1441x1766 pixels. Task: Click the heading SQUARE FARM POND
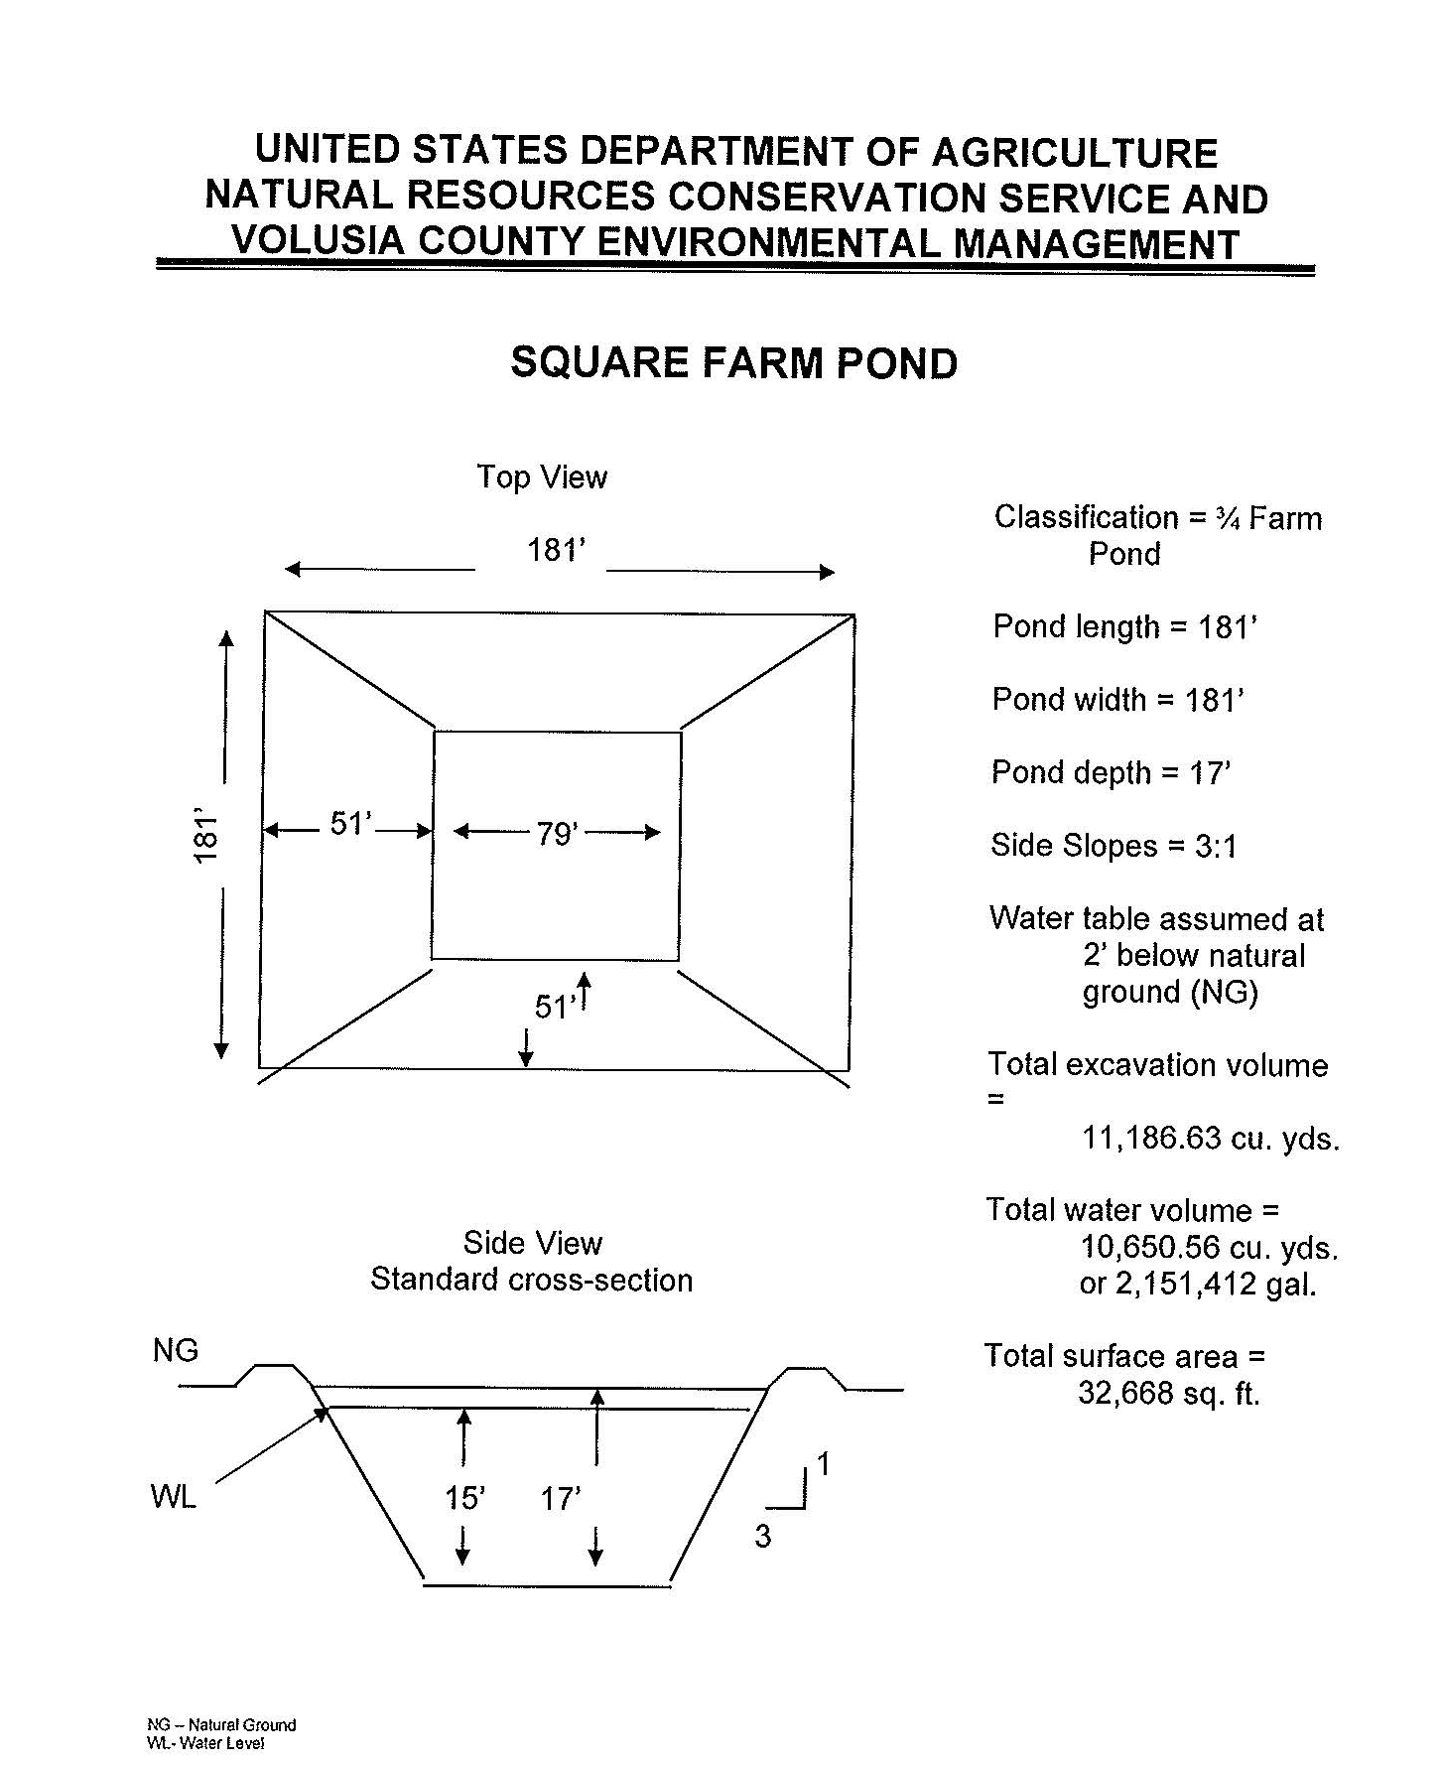tap(733, 363)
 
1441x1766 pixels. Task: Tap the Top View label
tap(541, 477)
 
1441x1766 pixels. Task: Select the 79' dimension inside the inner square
tap(557, 834)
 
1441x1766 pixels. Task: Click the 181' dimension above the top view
tap(557, 550)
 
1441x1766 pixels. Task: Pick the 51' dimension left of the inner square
tap(350, 824)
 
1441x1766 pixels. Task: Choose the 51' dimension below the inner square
tap(554, 1008)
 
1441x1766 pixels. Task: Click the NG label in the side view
tap(176, 1350)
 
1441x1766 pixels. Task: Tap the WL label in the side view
tap(174, 1496)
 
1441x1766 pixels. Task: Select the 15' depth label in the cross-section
tap(464, 1498)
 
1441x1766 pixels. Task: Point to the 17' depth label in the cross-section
tap(561, 1498)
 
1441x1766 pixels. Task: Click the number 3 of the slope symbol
tap(762, 1536)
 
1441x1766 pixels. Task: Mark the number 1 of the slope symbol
tap(822, 1464)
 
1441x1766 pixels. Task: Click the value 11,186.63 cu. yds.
tap(1210, 1138)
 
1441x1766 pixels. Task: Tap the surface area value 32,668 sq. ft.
tap(1168, 1394)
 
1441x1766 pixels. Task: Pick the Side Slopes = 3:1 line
tap(1113, 846)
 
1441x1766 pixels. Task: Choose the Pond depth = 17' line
tap(1111, 772)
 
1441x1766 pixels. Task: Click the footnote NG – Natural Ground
tap(221, 1724)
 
